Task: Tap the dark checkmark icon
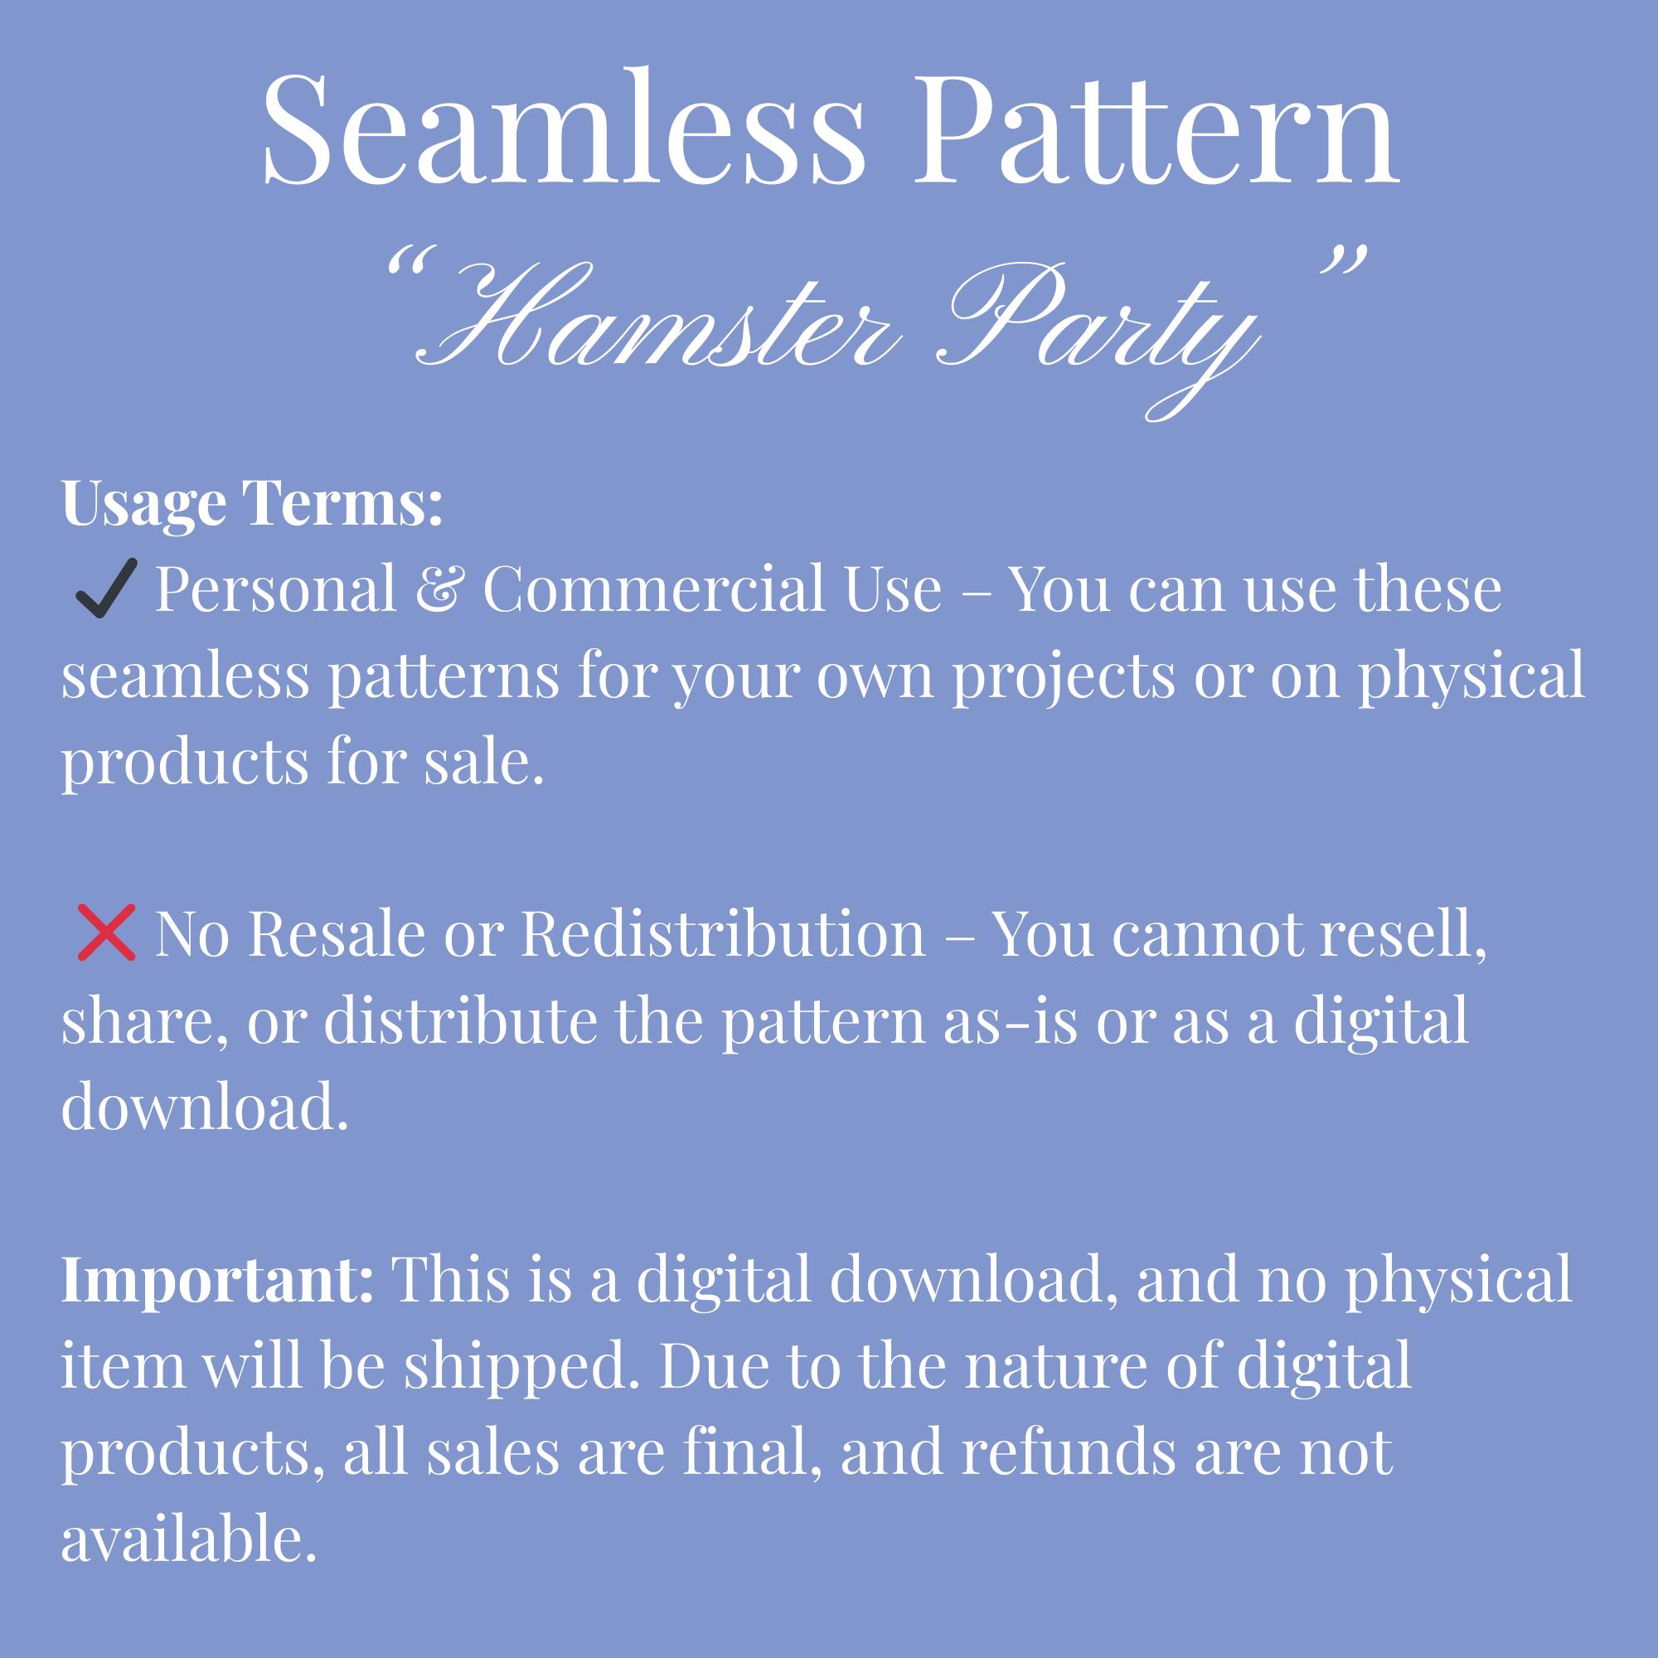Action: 105,589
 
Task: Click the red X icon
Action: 106,932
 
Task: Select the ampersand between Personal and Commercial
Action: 438,590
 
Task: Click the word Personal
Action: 274,589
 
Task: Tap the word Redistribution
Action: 725,933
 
